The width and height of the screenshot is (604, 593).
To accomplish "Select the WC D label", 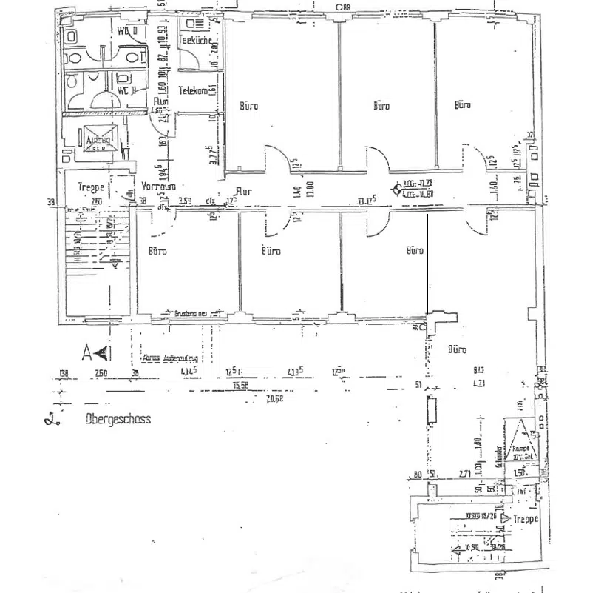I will tap(127, 30).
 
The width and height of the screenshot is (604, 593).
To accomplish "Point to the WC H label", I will tap(126, 90).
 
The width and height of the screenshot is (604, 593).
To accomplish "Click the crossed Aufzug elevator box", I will tap(98, 141).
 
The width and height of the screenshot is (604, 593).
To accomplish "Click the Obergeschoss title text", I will tap(118, 419).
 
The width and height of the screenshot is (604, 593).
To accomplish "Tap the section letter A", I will tap(87, 351).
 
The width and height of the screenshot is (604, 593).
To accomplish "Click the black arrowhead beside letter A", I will tap(104, 351).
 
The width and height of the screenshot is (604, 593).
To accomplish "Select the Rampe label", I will tap(519, 447).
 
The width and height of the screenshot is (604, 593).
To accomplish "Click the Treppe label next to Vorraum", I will tap(92, 187).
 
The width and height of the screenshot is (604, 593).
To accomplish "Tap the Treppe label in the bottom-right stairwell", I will tap(526, 520).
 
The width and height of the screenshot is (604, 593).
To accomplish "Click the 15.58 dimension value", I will tap(240, 385).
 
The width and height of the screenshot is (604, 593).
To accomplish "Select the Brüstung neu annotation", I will tap(191, 312).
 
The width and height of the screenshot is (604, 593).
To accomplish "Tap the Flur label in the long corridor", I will tap(243, 191).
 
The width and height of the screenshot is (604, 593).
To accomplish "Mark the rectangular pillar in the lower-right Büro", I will tap(431, 409).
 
